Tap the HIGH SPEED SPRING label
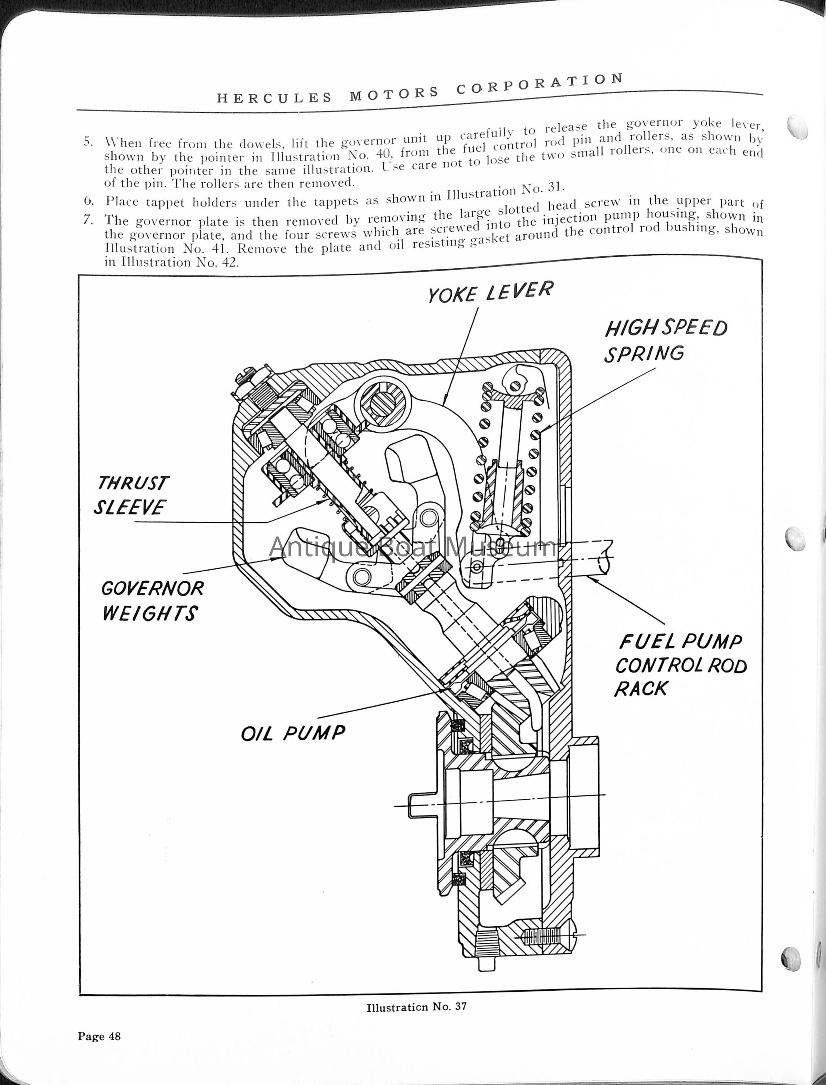click(x=666, y=341)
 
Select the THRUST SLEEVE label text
click(x=131, y=496)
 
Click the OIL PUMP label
click(x=293, y=733)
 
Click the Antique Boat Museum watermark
click(x=413, y=547)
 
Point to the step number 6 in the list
click(x=88, y=201)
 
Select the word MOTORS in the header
click(x=394, y=93)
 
